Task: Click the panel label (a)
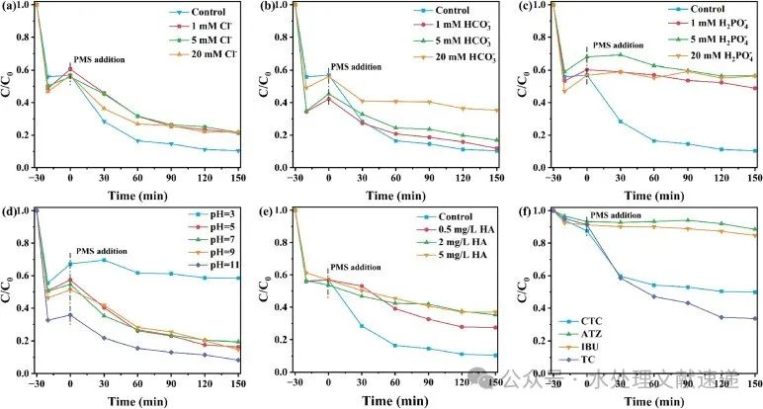pyautogui.click(x=11, y=9)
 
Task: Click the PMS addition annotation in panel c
pyautogui.click(x=626, y=45)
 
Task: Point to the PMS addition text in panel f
pyautogui.click(x=620, y=216)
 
